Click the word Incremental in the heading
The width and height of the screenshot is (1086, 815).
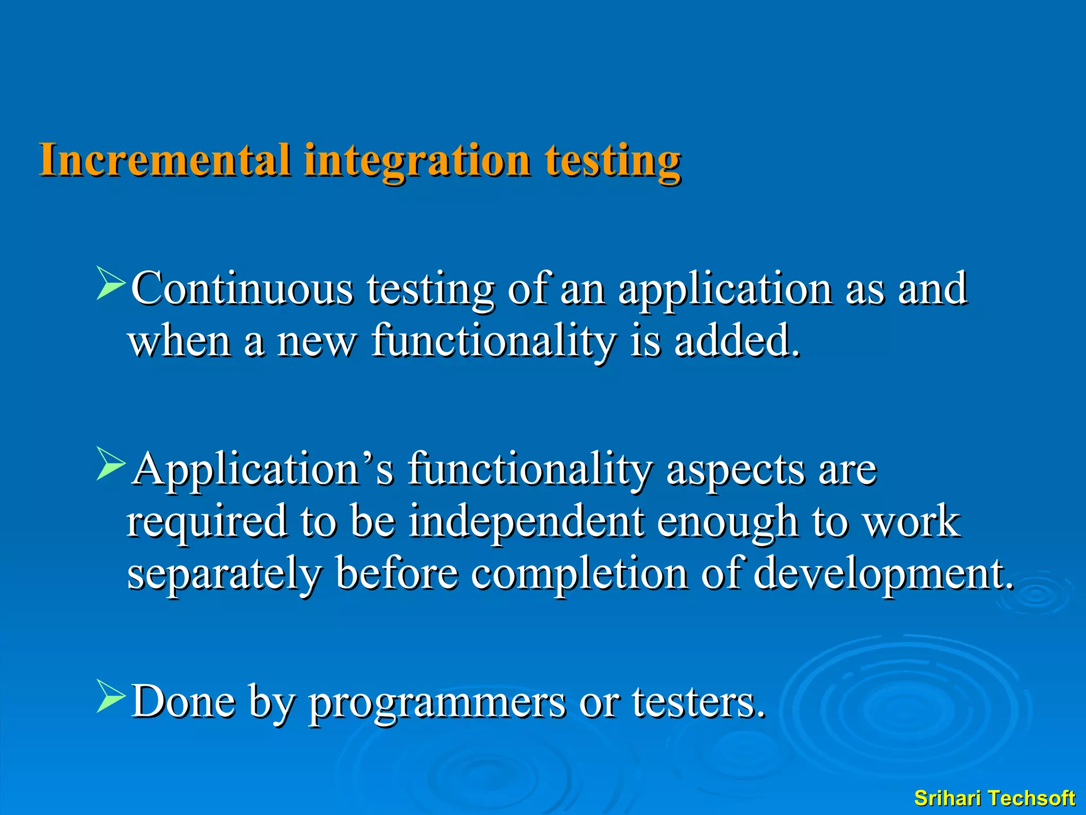165,160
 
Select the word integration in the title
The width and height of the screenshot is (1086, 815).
417,161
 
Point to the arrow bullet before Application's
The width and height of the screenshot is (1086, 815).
110,464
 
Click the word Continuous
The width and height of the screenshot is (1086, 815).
242,289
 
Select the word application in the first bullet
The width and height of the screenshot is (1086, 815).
725,290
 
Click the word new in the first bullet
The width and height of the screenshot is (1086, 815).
317,341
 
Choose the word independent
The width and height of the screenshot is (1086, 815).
527,521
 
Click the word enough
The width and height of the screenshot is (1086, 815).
728,522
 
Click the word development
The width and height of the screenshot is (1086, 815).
882,574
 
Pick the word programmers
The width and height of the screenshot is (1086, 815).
437,703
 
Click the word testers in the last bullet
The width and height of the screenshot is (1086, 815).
698,701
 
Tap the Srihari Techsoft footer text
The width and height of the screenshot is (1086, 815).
994,798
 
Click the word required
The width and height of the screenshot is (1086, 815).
207,522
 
